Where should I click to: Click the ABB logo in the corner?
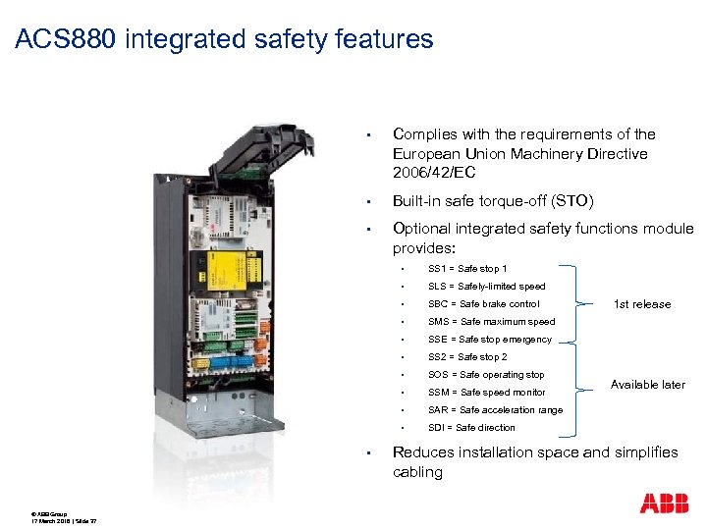(664, 503)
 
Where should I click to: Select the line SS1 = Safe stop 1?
(467, 269)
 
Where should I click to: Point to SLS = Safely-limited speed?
(486, 287)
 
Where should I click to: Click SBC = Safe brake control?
(483, 304)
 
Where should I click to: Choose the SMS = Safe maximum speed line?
(491, 322)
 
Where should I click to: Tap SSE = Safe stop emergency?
(490, 340)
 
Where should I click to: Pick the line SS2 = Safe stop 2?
(467, 357)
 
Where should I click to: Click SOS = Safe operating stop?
(485, 375)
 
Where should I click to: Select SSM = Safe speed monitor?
(486, 393)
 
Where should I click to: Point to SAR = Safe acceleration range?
(495, 410)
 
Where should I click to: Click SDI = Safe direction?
(471, 428)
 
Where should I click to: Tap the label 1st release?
(642, 304)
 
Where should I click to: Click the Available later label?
(648, 385)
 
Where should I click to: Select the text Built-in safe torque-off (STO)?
(492, 201)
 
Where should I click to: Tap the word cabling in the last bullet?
(417, 472)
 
